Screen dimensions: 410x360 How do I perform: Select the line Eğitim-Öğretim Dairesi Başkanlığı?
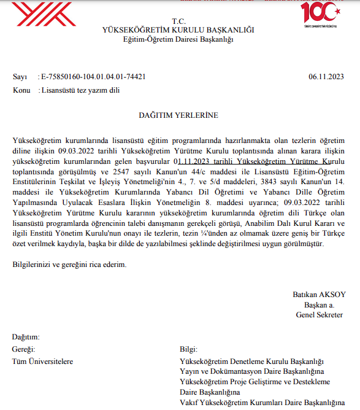[x=178, y=39]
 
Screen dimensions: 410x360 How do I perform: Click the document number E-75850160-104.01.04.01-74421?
[x=93, y=77]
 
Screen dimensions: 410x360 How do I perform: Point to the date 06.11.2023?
[x=327, y=77]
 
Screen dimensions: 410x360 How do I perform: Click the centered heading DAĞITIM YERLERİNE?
[x=178, y=115]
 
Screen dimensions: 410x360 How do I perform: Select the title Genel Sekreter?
[x=320, y=315]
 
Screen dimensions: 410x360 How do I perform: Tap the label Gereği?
[x=24, y=349]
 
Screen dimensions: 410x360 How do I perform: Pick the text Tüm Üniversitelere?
[x=43, y=361]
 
